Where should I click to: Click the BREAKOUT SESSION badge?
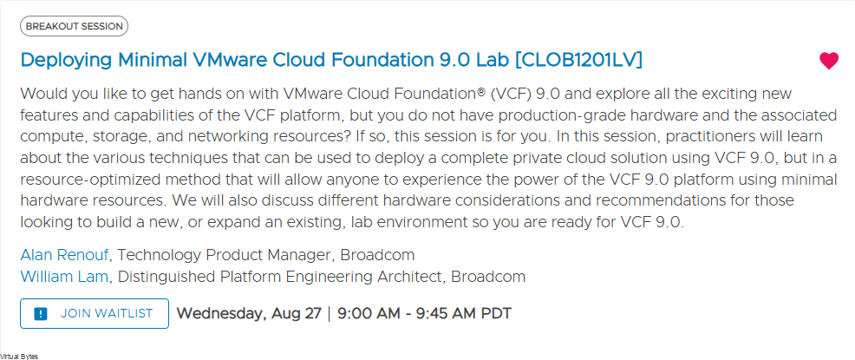coord(75,26)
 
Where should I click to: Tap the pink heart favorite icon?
coord(828,61)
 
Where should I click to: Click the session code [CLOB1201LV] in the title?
coord(578,60)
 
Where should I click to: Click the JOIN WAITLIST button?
coord(95,314)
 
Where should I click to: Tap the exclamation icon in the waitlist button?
coord(41,314)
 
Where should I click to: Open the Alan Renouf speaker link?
coord(65,255)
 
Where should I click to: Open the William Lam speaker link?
coord(64,277)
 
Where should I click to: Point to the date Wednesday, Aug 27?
coord(248,314)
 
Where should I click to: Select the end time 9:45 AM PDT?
coord(460,314)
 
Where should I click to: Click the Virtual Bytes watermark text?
coord(19,357)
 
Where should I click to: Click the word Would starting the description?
coord(39,95)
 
